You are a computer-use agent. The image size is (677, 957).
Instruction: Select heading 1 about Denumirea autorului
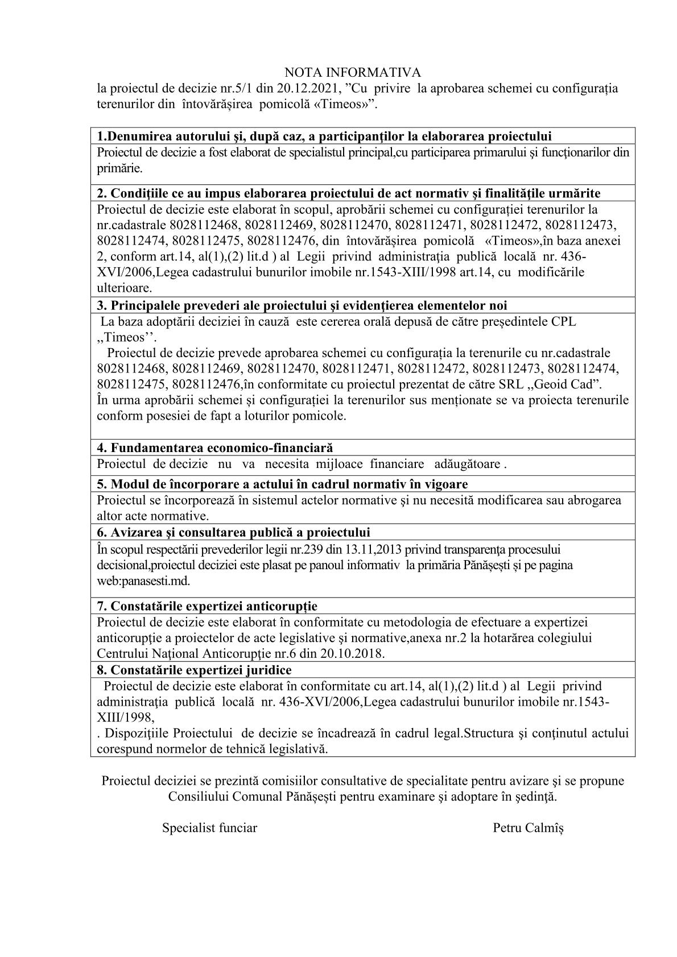[x=324, y=136]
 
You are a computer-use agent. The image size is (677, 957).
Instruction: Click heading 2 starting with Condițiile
[x=349, y=193]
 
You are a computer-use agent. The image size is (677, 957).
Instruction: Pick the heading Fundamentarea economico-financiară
[x=215, y=448]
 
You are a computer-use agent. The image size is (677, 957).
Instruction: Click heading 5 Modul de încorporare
[x=282, y=484]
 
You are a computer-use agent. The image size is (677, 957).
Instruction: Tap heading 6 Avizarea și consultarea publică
[x=233, y=532]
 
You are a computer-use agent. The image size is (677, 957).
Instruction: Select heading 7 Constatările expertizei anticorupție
[x=207, y=606]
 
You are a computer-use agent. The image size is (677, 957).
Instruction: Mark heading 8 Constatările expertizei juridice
[x=194, y=670]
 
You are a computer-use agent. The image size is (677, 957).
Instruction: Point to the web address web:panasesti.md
[x=143, y=582]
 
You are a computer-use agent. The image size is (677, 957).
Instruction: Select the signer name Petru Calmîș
[x=528, y=827]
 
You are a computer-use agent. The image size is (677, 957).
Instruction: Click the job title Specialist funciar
[x=209, y=827]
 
